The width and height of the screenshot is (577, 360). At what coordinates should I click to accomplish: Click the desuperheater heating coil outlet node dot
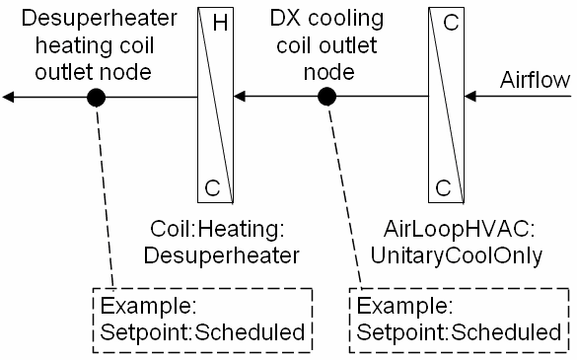pos(96,97)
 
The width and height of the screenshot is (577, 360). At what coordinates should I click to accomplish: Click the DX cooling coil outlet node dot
pos(327,97)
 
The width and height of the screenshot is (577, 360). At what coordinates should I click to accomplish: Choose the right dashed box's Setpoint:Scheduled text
pos(461,332)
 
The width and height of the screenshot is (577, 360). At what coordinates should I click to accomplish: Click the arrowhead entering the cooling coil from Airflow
pos(471,97)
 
